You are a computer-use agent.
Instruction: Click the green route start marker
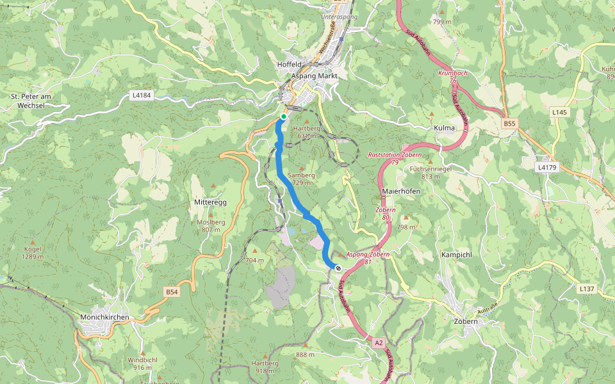[283, 116]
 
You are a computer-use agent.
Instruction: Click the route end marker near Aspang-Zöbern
[338, 268]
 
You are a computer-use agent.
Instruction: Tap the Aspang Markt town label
[314, 76]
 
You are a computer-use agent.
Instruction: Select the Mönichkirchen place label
[105, 317]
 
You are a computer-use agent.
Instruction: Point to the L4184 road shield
[141, 95]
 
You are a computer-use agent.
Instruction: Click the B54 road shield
[172, 292]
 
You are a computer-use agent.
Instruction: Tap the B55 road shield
[509, 123]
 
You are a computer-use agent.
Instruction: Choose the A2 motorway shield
[379, 343]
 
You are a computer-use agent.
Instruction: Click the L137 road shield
[587, 289]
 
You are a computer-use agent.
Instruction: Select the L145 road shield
[560, 112]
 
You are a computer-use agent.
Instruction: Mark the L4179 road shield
[546, 167]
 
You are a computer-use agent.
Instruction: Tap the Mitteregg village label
[210, 202]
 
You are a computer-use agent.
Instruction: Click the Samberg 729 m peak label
[302, 179]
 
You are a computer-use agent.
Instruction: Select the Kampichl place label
[457, 255]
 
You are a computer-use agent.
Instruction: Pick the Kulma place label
[444, 128]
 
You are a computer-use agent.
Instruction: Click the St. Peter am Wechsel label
[31, 100]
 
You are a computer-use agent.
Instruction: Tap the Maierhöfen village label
[400, 191]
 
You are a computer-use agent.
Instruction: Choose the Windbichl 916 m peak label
[142, 364]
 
